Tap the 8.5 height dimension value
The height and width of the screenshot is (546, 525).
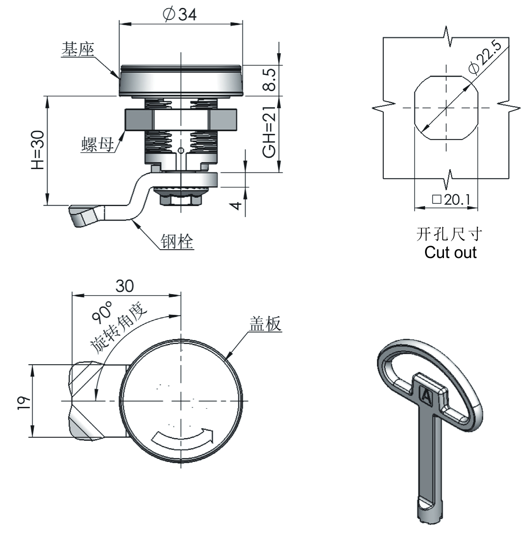tap(270, 80)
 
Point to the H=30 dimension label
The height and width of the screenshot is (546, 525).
tap(38, 150)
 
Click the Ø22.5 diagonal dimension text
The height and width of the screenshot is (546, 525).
tap(485, 58)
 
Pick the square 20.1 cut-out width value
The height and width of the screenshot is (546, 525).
tap(451, 199)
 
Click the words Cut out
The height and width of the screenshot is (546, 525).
tap(450, 252)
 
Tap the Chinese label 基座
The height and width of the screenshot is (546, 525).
tap(78, 49)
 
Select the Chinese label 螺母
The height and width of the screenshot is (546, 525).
tap(98, 144)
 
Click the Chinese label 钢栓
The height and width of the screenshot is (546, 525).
tap(177, 241)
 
